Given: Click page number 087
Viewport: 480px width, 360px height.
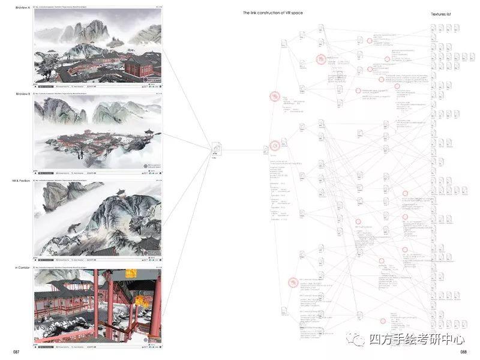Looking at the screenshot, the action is [x=8, y=351].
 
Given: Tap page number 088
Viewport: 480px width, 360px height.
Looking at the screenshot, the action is [x=463, y=352].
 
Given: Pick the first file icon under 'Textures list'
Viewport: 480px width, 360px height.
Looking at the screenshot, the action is [x=433, y=28].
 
